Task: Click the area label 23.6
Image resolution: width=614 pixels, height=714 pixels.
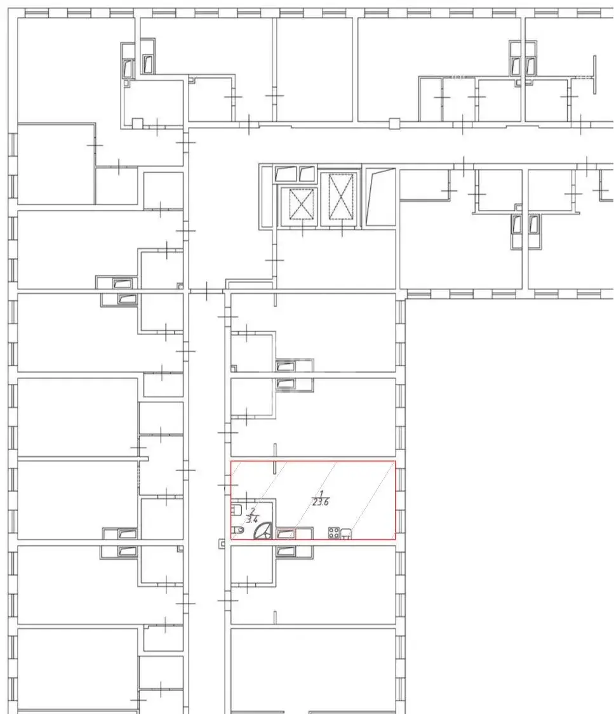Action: point(321,502)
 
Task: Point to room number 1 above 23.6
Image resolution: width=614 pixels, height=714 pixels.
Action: point(321,494)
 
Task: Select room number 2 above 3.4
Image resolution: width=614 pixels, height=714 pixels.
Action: point(253,510)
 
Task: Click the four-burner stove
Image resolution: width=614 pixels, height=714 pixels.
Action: point(334,532)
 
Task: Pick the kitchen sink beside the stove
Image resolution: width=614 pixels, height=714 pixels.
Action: point(345,532)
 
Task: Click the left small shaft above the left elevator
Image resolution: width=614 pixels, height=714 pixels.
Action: point(286,173)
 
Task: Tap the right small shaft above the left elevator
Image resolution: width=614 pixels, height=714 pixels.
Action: point(307,173)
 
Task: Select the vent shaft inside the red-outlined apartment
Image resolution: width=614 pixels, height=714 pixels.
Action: point(285,534)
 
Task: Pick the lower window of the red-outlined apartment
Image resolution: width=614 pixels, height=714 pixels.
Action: point(401,522)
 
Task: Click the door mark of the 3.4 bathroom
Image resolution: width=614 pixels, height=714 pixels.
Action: point(246,499)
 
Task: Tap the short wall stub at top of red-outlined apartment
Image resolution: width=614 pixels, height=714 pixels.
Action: point(275,468)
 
